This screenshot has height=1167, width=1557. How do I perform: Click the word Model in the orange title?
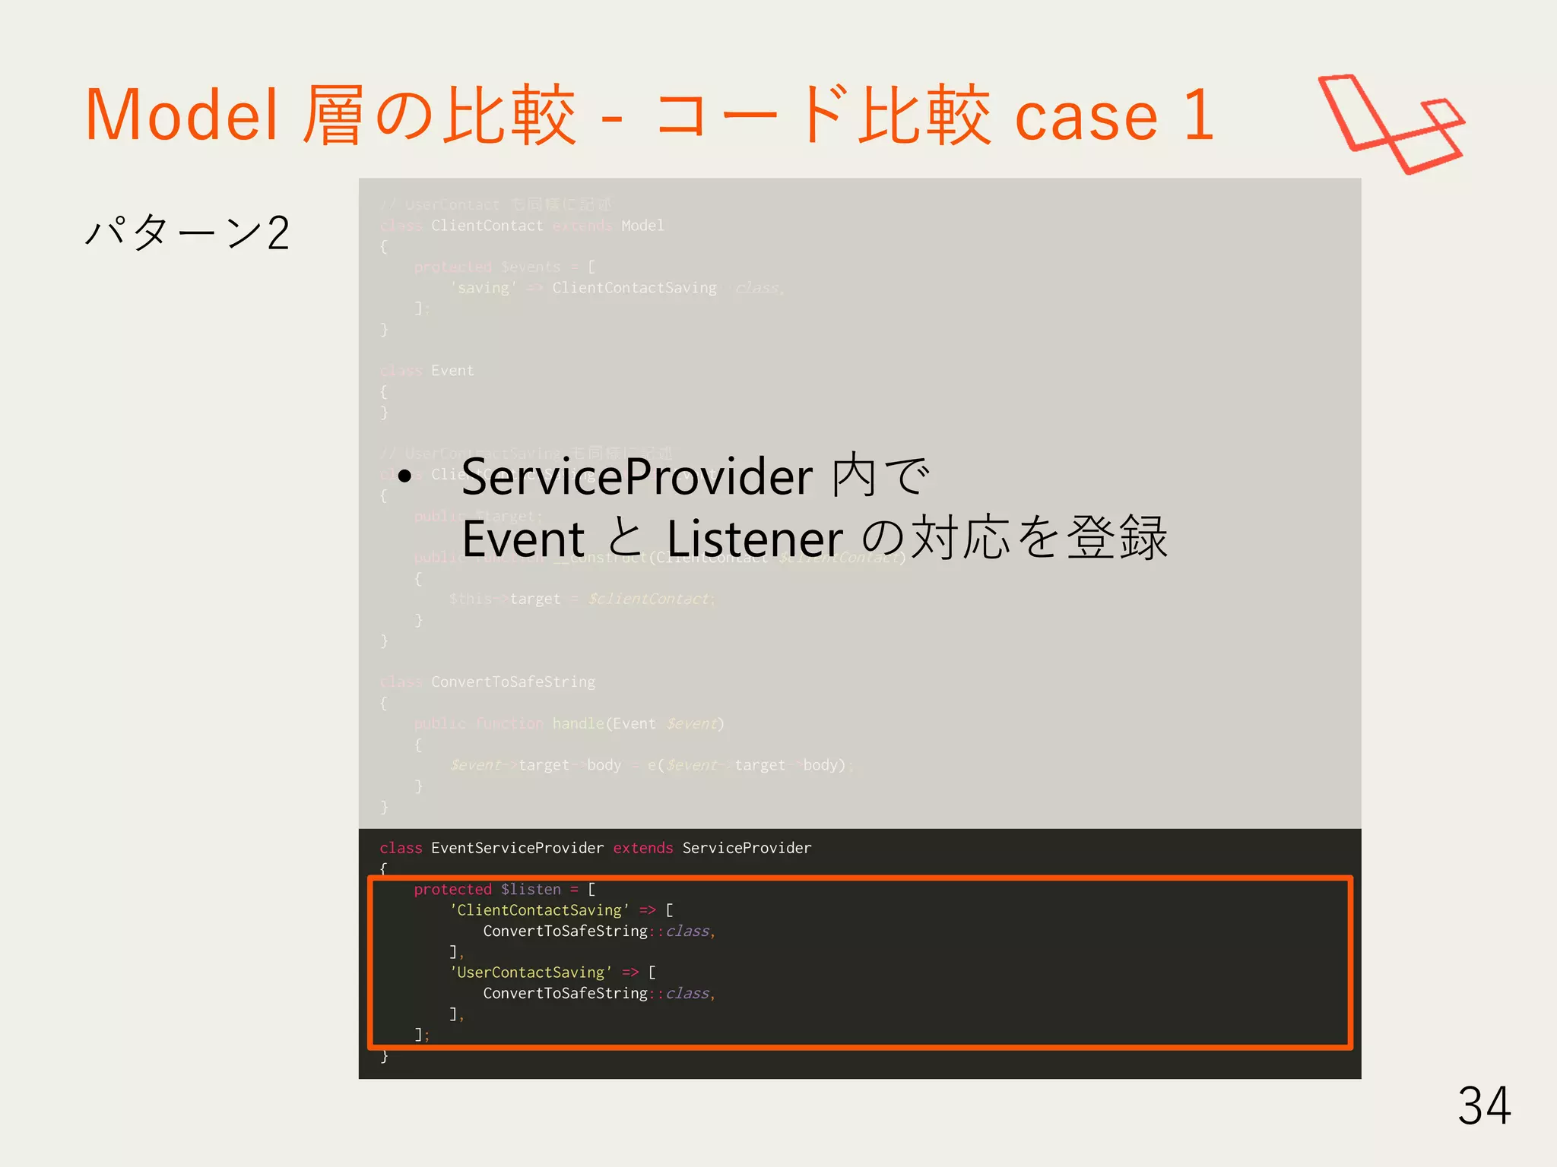click(181, 115)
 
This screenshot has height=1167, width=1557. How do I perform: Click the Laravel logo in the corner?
click(1391, 124)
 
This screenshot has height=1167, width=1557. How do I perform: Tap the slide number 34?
click(1483, 1105)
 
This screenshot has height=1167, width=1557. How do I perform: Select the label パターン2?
click(187, 232)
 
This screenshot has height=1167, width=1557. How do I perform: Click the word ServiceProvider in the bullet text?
click(637, 478)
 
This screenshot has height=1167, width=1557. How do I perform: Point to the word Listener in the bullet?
click(755, 539)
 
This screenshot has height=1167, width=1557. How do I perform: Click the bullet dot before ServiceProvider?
click(404, 477)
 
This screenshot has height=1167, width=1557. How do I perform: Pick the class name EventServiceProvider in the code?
click(517, 848)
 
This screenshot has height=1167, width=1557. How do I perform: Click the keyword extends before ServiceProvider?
click(642, 848)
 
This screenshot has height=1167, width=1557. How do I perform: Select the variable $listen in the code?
click(531, 890)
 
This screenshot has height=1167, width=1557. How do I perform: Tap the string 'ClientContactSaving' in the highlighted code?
click(539, 910)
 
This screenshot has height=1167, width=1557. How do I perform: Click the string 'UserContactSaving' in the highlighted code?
click(531, 972)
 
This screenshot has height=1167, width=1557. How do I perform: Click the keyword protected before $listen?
click(452, 890)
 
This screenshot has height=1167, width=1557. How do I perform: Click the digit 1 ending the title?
click(1199, 115)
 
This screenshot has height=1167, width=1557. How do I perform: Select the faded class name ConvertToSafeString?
click(513, 682)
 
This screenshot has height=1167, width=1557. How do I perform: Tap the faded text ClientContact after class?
click(487, 226)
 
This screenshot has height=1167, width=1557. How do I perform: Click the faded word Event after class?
click(452, 371)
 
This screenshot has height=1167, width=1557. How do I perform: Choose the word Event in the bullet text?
click(523, 539)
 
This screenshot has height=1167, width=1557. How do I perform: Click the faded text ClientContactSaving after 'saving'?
click(634, 288)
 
